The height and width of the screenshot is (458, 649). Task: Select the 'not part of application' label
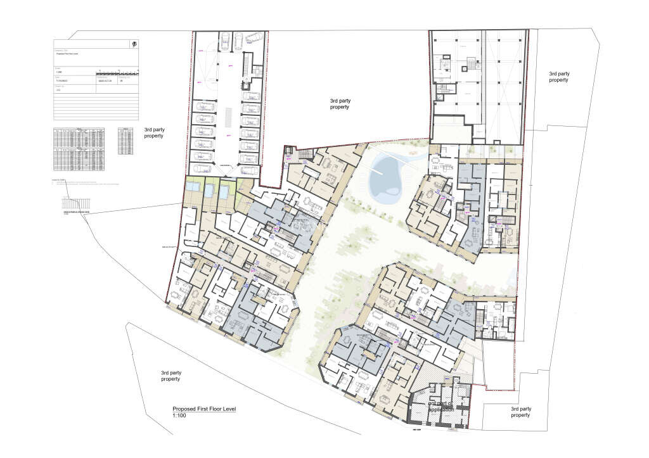tap(441, 406)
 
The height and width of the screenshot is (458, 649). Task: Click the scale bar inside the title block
tap(117, 72)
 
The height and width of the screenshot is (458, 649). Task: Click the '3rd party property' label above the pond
tap(344, 104)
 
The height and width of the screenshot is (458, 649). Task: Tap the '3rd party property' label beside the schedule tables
tap(153, 132)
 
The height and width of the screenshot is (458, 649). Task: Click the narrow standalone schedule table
tap(125, 141)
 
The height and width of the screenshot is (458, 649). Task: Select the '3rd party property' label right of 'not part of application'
tap(520, 412)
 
